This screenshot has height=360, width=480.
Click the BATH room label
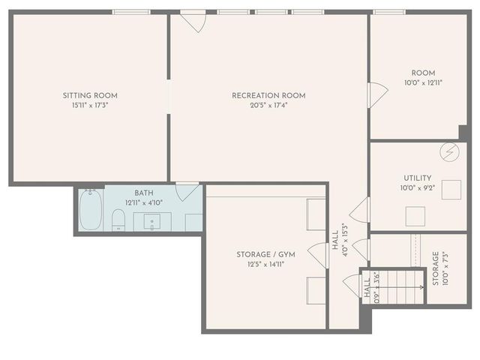tap(144, 193)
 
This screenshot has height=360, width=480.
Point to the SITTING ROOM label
tap(90, 95)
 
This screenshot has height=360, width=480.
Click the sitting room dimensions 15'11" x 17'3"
tap(90, 105)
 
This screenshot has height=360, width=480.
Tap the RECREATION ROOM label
tap(268, 95)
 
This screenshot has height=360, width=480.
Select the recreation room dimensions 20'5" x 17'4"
tap(268, 105)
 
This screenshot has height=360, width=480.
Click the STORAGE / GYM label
tap(265, 254)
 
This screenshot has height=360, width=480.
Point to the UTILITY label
tap(418, 178)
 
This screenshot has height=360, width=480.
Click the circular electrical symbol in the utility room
tap(448, 151)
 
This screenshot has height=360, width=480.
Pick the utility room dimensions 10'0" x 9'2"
tap(418, 187)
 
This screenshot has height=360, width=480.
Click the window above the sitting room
tap(131, 12)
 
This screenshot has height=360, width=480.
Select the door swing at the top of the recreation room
tap(194, 21)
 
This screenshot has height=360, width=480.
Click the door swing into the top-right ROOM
tap(377, 95)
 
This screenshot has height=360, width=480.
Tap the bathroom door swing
tap(187, 192)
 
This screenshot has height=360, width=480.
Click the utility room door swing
tap(361, 210)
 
